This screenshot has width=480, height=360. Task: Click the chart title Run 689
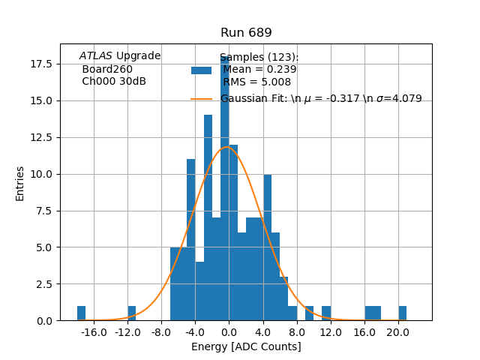click(x=246, y=33)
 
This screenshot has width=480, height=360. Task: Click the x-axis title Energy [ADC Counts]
click(x=246, y=346)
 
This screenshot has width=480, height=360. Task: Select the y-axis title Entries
click(x=20, y=183)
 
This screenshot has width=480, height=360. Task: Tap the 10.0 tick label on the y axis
click(x=41, y=174)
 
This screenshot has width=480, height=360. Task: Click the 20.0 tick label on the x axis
click(x=397, y=332)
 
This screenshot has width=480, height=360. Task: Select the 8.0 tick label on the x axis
click(x=297, y=332)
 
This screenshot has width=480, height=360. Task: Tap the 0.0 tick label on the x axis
click(x=229, y=332)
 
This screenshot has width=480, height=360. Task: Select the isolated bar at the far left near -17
click(x=81, y=313)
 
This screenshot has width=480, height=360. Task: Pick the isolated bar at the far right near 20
click(x=403, y=313)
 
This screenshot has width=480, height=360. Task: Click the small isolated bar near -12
click(x=132, y=313)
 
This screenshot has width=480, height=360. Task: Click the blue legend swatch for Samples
click(x=201, y=70)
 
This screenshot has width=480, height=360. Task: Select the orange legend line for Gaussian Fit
click(x=201, y=99)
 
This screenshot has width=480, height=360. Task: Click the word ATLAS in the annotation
click(x=96, y=56)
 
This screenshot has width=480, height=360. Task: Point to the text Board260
click(x=107, y=70)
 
